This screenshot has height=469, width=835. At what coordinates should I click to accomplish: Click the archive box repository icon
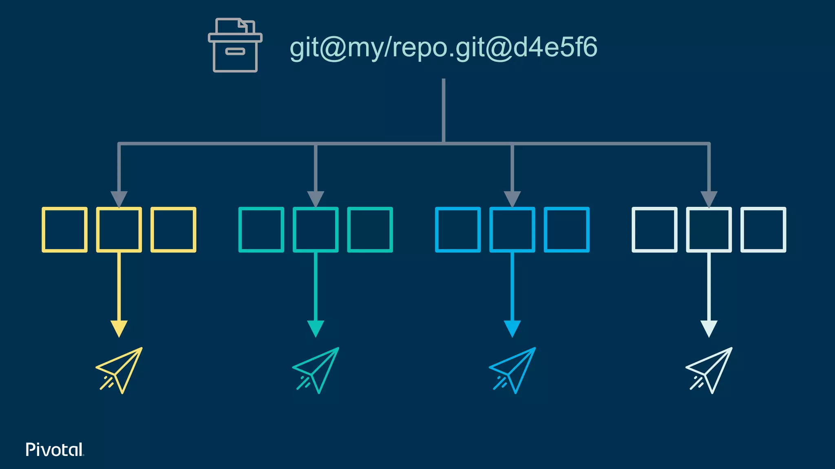(235, 46)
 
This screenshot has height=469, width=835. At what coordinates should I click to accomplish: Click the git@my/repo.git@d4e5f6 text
(443, 48)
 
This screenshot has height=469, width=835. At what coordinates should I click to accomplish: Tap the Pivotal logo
(55, 449)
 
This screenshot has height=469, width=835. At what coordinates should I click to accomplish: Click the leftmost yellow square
(64, 230)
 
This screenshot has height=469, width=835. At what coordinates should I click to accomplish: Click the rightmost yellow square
(173, 230)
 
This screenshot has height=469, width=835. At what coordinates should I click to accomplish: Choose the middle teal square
(316, 230)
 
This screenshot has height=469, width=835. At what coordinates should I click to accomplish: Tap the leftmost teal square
(261, 230)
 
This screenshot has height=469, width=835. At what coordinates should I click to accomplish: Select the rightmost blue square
(567, 230)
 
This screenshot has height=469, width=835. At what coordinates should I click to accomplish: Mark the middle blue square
(512, 230)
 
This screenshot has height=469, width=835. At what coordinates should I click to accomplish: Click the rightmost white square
(763, 230)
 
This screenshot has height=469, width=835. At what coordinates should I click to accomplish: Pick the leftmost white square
(654, 230)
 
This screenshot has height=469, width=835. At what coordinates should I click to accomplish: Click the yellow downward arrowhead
(119, 328)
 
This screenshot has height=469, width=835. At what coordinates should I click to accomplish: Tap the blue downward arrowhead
(512, 328)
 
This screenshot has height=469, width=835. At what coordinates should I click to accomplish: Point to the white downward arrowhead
(709, 328)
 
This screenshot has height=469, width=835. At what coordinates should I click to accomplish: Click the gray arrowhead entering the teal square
(316, 199)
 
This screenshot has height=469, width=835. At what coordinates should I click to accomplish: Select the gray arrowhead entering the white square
(709, 199)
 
